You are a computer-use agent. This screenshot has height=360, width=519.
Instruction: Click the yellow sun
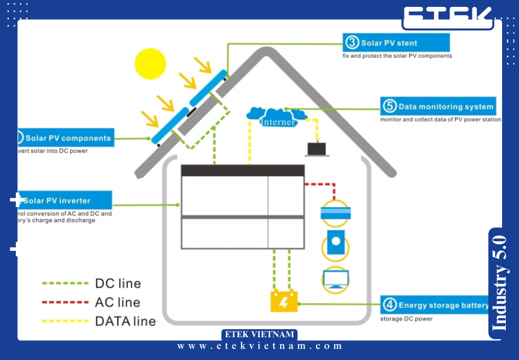point(150,64)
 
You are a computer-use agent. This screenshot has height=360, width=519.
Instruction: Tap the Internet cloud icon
point(277,117)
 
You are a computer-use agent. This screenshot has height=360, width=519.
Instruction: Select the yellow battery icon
point(284,302)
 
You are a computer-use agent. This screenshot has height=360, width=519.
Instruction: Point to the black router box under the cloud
point(317,149)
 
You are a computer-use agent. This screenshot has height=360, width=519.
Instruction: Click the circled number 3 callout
point(352,42)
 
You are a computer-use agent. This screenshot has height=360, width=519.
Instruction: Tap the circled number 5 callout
point(389,106)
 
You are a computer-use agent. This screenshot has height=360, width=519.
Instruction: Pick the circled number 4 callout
point(389,305)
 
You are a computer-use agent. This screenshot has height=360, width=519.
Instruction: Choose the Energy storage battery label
point(443,305)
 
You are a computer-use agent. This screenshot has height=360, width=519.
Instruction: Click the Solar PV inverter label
point(57,201)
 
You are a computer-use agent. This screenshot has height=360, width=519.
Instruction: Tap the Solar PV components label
point(68,138)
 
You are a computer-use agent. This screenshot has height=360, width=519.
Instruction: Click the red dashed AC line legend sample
point(65,302)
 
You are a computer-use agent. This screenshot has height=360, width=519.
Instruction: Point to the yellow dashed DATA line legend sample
point(65,321)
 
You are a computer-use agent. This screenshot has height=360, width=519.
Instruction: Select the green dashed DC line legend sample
point(65,283)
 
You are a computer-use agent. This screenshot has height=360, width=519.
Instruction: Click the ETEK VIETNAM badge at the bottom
point(259,335)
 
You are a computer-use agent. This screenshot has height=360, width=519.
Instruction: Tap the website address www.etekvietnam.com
point(260,346)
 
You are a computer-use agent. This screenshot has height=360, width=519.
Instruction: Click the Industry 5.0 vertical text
point(499,283)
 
